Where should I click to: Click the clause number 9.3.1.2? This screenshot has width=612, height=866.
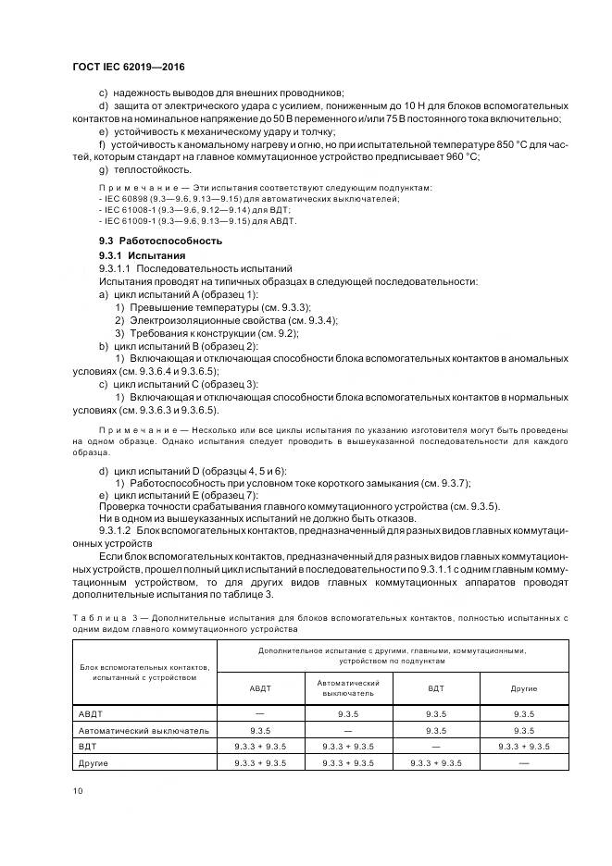[116, 532]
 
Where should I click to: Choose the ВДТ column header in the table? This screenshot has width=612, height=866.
[435, 688]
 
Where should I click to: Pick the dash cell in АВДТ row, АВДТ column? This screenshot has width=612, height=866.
[260, 713]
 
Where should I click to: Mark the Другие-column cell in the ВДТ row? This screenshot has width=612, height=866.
[524, 746]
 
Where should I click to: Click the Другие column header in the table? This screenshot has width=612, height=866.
[524, 688]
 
